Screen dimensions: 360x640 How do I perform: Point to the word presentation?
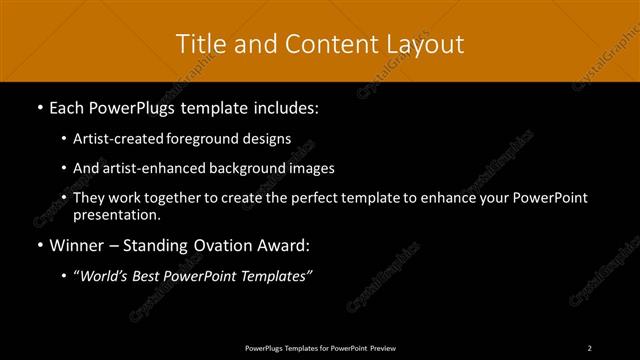[116, 214]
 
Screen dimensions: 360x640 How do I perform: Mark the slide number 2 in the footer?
[590, 347]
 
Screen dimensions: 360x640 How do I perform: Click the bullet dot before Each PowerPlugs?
[38, 106]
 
